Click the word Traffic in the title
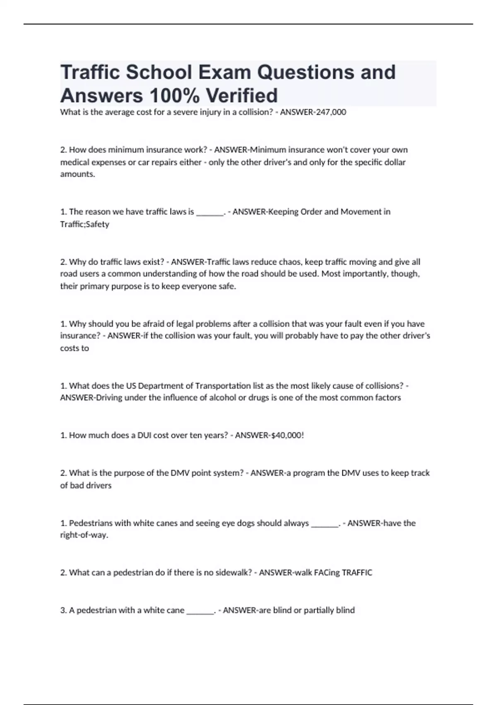(90, 72)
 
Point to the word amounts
(77, 174)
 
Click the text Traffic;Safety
(84, 224)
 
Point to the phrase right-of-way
(84, 535)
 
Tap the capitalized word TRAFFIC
(357, 573)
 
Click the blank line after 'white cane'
(200, 611)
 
